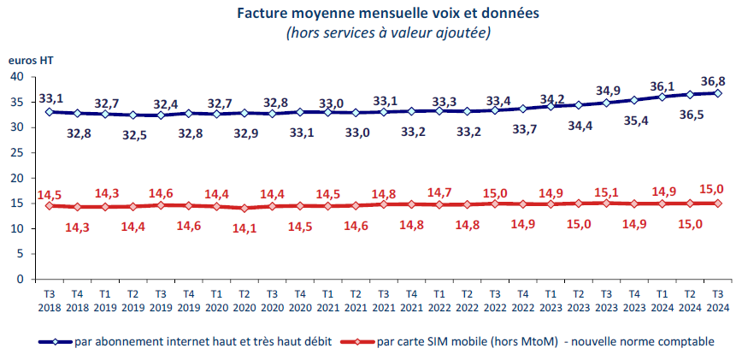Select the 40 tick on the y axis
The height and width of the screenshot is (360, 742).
pos(16,76)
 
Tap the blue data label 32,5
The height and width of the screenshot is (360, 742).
pos(134,134)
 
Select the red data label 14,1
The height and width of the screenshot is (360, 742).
pos(245,227)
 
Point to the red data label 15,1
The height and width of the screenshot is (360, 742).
pos(607,192)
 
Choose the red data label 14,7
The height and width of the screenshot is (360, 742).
pos(439,193)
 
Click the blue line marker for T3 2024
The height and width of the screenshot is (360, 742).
pos(718,93)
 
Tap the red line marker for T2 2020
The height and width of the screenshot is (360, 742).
pos(244,208)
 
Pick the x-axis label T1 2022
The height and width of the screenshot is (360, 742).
pos(439,298)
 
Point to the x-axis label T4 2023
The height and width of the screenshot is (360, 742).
pos(634,298)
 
